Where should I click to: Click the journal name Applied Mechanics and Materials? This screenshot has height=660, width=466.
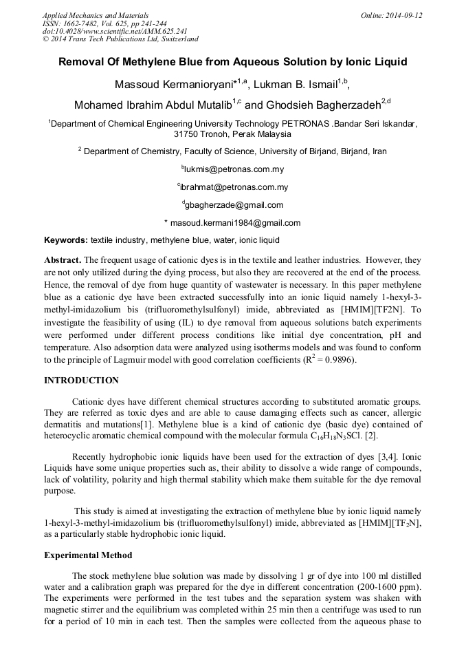96,15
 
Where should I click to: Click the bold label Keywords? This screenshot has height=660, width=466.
66,240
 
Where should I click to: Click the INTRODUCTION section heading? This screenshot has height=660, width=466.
81,381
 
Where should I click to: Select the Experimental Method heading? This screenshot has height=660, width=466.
88,555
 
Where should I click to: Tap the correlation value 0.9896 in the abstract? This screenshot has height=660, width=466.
335,359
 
